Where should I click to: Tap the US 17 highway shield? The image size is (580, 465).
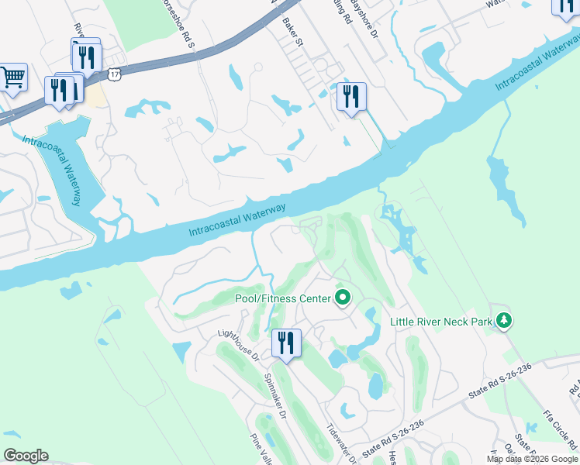point(115,74)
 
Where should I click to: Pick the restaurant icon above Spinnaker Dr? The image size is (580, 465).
point(286,343)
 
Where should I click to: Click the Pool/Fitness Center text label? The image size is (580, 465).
point(282,298)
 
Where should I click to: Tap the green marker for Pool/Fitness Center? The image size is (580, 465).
point(342,298)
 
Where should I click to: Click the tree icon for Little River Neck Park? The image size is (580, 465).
point(505,320)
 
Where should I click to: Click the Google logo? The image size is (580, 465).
point(26,456)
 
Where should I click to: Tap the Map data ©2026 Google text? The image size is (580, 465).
point(532,459)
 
